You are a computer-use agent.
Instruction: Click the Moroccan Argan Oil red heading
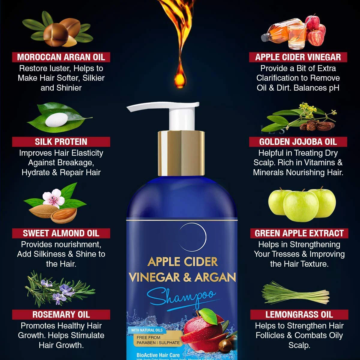click(x=61, y=57)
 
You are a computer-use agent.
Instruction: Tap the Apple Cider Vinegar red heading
click(x=298, y=57)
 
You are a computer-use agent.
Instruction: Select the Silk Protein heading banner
click(x=61, y=142)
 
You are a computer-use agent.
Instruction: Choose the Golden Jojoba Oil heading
click(x=298, y=142)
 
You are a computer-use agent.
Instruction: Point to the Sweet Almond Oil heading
click(x=61, y=233)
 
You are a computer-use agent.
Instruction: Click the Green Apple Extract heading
click(x=299, y=233)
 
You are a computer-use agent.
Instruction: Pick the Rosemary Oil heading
click(x=61, y=314)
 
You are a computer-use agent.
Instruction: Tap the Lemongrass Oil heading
click(x=299, y=314)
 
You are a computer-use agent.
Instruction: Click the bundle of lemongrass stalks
click(x=295, y=292)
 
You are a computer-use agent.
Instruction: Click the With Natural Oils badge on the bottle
click(x=147, y=330)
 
